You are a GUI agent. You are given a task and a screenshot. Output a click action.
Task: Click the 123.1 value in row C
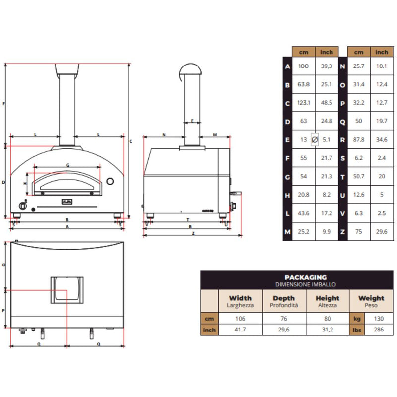[303, 103]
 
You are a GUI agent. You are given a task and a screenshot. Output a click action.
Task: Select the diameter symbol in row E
[314, 140]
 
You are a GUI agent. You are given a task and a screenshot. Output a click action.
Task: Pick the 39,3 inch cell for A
[327, 66]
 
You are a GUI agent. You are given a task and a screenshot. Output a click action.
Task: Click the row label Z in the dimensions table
[342, 232]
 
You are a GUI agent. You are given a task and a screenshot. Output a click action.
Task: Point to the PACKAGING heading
[306, 277]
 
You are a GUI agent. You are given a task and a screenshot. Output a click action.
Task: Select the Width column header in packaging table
[240, 298]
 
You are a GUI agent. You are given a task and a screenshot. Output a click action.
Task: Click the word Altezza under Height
[328, 305]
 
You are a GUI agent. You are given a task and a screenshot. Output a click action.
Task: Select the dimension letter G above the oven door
[67, 165]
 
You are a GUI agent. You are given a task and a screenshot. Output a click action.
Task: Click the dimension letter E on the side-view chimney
[192, 121]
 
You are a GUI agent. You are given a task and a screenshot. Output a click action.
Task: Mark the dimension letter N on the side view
[164, 135]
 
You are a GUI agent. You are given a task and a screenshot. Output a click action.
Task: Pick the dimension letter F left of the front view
[3, 104]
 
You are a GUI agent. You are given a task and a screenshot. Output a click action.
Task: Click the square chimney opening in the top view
[67, 290]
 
